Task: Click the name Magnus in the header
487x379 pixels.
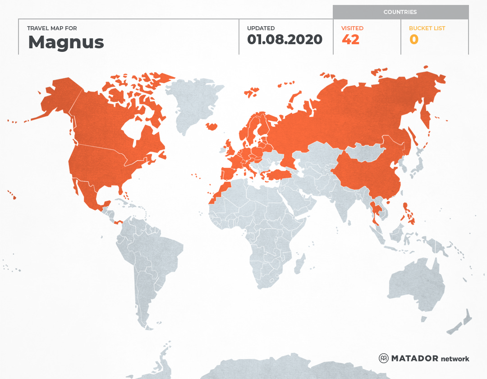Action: tap(66, 42)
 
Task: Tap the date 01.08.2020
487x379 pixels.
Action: tap(285, 40)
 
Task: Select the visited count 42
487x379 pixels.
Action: tap(350, 40)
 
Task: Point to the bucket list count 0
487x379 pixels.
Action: tap(413, 40)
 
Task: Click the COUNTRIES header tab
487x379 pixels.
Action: tap(400, 12)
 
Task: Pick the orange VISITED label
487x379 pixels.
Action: tap(352, 28)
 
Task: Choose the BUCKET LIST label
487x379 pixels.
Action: tap(427, 28)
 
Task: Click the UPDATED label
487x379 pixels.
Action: tap(261, 28)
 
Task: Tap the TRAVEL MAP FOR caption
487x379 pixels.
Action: tap(52, 28)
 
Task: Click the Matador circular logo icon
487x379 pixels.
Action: tap(383, 358)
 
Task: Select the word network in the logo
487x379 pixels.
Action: tap(455, 359)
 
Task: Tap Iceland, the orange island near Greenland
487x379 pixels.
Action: tap(211, 126)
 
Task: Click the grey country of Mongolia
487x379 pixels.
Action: tap(363, 152)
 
